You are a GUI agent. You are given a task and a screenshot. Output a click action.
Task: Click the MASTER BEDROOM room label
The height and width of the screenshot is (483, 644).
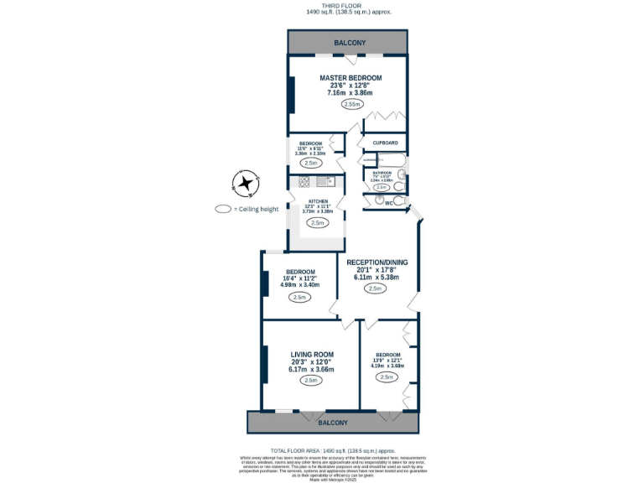(x=350, y=78)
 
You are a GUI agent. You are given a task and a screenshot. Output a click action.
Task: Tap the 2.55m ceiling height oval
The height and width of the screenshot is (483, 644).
(x=351, y=105)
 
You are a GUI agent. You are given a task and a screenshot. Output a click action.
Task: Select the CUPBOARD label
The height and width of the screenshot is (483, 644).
(x=385, y=143)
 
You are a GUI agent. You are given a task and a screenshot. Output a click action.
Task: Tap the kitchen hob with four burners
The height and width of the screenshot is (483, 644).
(x=300, y=182)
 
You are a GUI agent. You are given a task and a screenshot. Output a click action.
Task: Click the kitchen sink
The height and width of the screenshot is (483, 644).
(x=322, y=181)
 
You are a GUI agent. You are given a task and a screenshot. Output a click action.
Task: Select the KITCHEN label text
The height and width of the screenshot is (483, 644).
(x=318, y=201)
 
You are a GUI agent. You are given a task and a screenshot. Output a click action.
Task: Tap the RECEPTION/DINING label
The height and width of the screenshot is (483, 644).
(x=377, y=262)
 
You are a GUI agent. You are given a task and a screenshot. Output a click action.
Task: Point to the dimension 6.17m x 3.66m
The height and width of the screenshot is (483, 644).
(x=312, y=369)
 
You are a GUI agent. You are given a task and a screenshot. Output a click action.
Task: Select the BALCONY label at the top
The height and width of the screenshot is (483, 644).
(x=350, y=43)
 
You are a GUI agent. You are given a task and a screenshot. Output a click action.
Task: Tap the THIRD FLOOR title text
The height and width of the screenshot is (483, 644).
(x=349, y=5)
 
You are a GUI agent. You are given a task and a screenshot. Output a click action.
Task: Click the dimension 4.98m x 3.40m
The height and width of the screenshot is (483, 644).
(x=300, y=285)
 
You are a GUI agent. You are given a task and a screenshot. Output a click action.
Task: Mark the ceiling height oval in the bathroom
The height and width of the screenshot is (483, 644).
(x=382, y=187)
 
